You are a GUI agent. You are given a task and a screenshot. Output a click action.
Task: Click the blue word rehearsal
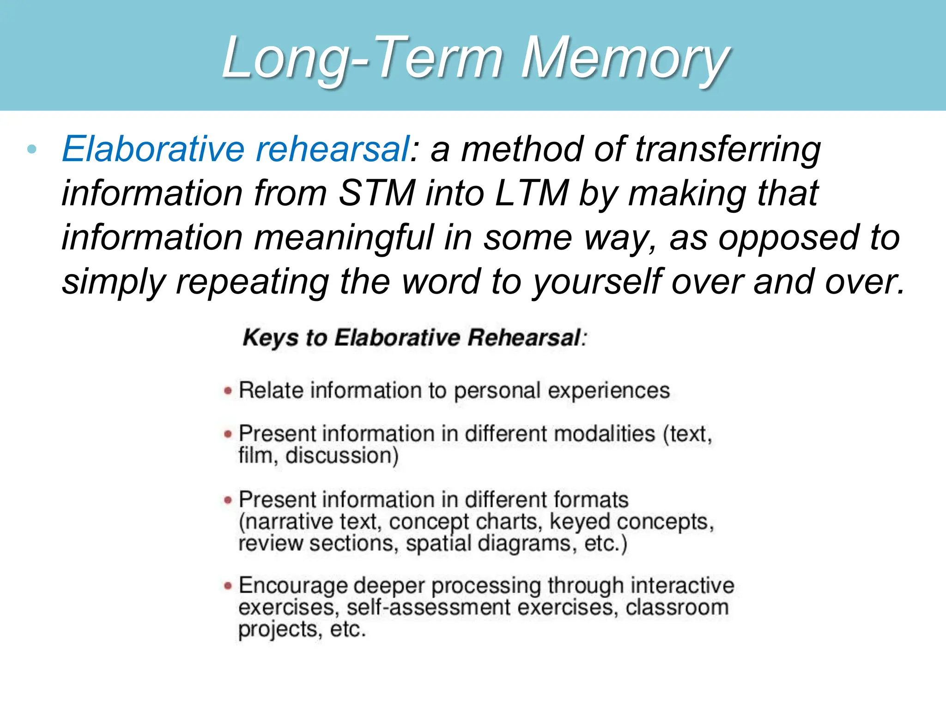tap(332, 149)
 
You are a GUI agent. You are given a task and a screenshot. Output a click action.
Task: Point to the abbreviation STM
tap(376, 193)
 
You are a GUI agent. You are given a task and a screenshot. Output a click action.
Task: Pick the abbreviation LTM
tap(531, 193)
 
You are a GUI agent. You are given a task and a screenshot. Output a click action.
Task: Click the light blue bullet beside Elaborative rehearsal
tap(31, 149)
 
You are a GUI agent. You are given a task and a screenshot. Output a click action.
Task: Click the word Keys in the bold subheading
tap(270, 338)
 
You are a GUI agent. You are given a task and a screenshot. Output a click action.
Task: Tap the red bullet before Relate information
tap(228, 391)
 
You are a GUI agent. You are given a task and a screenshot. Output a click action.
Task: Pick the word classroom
tap(677, 607)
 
